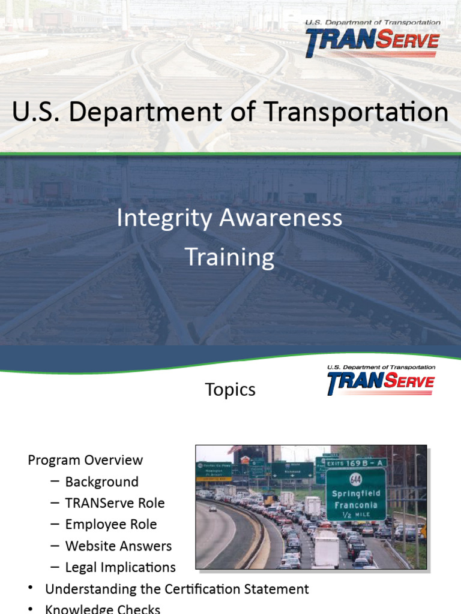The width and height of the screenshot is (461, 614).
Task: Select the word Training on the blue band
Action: click(x=230, y=257)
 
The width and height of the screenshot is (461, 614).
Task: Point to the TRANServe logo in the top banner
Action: click(x=372, y=40)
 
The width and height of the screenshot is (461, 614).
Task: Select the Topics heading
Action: click(x=230, y=390)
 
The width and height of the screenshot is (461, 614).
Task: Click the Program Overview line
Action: click(x=85, y=460)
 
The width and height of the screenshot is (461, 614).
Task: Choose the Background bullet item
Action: click(x=101, y=482)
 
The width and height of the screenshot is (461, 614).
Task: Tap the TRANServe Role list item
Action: click(x=115, y=503)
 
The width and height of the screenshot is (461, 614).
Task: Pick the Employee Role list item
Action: click(x=111, y=525)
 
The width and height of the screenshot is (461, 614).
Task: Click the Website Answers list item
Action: click(x=118, y=546)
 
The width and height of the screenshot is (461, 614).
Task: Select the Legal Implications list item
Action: click(x=120, y=567)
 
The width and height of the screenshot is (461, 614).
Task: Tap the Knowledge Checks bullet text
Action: click(x=103, y=609)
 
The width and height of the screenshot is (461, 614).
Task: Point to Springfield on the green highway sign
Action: click(x=356, y=493)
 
